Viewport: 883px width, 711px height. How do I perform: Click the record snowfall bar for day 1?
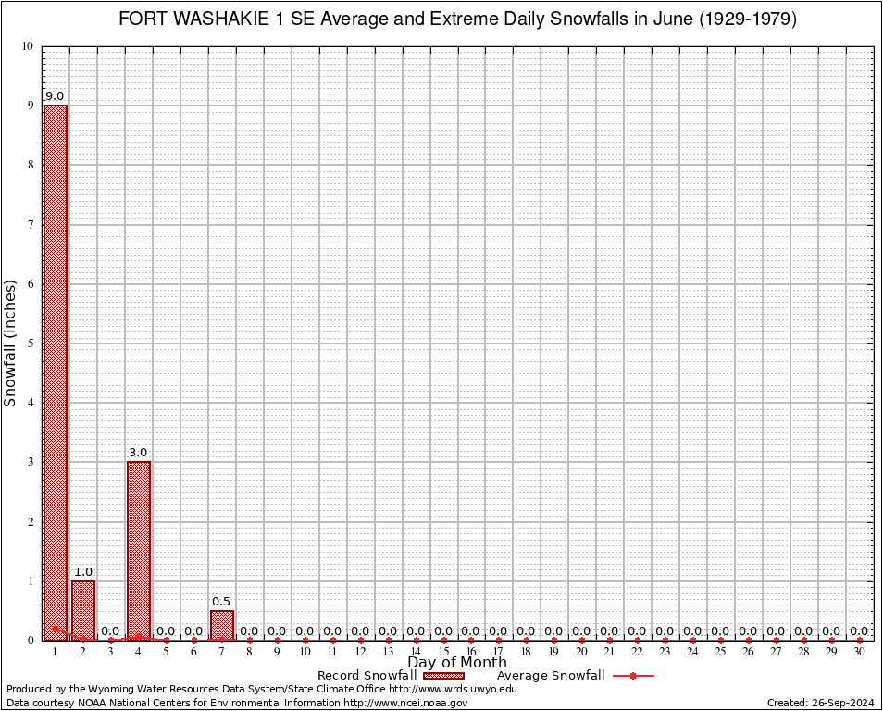pyautogui.click(x=55, y=370)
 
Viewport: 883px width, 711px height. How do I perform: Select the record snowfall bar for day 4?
pyautogui.click(x=138, y=550)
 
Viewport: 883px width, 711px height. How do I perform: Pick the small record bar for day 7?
pyautogui.click(x=221, y=625)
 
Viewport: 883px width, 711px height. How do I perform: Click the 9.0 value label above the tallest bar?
pyautogui.click(x=55, y=96)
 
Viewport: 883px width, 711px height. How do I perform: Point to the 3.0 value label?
pyautogui.click(x=138, y=453)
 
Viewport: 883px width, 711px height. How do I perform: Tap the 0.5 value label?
pyautogui.click(x=221, y=602)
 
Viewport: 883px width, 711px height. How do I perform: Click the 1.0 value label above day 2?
pyautogui.click(x=82, y=572)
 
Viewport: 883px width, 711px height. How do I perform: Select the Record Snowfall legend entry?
pyautogui.click(x=390, y=676)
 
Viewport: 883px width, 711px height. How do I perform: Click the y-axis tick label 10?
pyautogui.click(x=28, y=46)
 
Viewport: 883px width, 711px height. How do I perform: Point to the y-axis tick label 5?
pyautogui.click(x=31, y=343)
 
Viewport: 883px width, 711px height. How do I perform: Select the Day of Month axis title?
pyautogui.click(x=457, y=663)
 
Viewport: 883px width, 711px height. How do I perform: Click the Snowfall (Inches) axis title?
pyautogui.click(x=11, y=343)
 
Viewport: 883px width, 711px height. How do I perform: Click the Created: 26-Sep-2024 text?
pyautogui.click(x=820, y=704)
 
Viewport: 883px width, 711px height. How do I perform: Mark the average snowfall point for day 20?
pyautogui.click(x=582, y=640)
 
